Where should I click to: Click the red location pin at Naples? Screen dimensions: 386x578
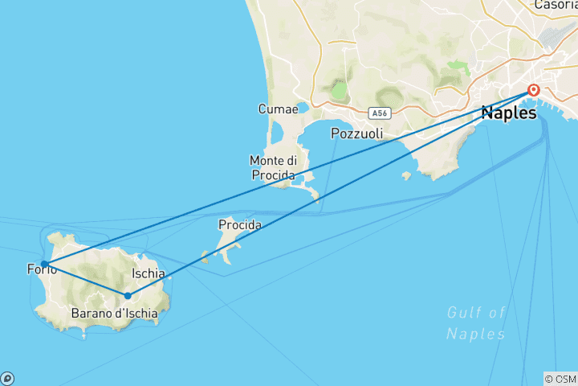[x=533, y=90]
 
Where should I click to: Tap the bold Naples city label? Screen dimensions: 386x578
[x=508, y=113]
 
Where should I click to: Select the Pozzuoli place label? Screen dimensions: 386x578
[x=356, y=133]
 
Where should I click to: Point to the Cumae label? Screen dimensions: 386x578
[x=274, y=109]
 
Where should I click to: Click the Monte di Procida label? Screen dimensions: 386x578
[x=271, y=167]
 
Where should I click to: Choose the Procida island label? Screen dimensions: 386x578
[x=239, y=225]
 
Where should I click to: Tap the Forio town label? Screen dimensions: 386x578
[x=40, y=270]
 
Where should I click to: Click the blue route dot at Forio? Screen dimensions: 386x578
[x=44, y=264]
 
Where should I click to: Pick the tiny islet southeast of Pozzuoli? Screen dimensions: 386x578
[x=407, y=175]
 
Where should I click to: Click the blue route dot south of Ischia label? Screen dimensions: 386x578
[x=127, y=296]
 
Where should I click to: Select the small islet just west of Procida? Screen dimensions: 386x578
[x=206, y=256]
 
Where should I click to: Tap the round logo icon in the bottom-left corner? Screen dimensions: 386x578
[x=7, y=378]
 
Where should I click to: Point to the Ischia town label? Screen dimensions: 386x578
[x=149, y=273]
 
